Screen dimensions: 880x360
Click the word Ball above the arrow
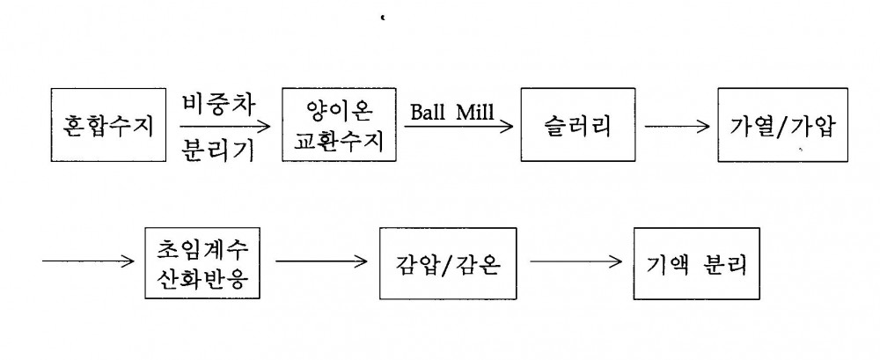pyautogui.click(x=427, y=112)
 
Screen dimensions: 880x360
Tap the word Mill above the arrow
pyautogui.click(x=475, y=112)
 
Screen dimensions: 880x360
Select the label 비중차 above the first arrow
pyautogui.click(x=218, y=105)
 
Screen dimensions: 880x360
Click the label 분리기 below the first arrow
pyautogui.click(x=218, y=150)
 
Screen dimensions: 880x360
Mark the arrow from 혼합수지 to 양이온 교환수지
pyautogui.click(x=225, y=127)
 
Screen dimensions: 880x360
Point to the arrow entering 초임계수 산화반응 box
pyautogui.click(x=88, y=261)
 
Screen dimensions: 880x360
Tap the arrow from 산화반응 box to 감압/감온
pyautogui.click(x=321, y=261)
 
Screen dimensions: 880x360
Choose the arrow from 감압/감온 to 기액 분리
pyautogui.click(x=576, y=261)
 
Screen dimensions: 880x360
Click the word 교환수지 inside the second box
pyautogui.click(x=339, y=142)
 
